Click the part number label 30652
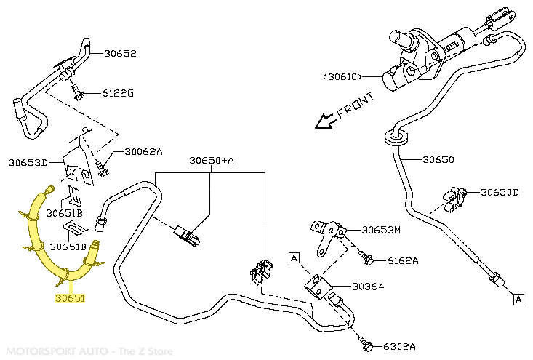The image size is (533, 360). coord(120,53)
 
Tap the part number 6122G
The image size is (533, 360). coord(118,93)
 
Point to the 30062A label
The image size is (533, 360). coord(143,152)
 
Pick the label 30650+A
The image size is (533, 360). coord(212,160)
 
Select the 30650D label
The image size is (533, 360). coord(500,192)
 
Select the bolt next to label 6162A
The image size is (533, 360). coord(367,257)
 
